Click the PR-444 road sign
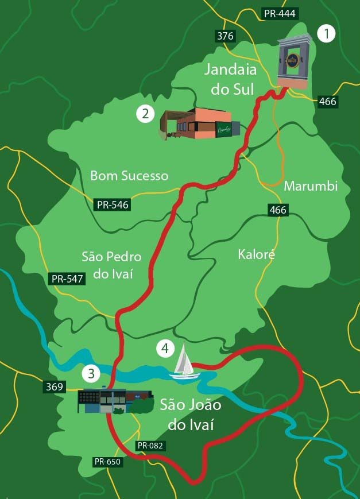pos(280,14)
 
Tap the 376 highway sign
pos(226,36)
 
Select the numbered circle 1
pos(326,34)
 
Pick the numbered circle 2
pos(145,114)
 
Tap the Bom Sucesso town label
pos(129,176)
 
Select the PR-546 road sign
pos(113,204)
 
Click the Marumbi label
pos(311,187)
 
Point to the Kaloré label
pos(256,254)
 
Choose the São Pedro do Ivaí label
pos(111,265)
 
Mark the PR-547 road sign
pos(68,279)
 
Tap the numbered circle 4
pos(165,348)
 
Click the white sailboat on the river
pos(185,362)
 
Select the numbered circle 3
pos(90,373)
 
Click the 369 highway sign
pos(54,387)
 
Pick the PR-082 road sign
pos(151,446)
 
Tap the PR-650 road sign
pos(108,462)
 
